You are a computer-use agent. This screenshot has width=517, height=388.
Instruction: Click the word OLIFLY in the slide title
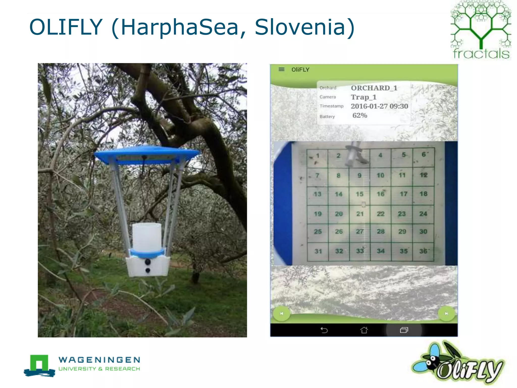pyautogui.click(x=66, y=27)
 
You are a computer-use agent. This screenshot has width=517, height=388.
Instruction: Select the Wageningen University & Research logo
pyautogui.click(x=82, y=365)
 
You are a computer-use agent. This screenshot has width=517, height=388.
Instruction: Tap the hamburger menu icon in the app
pyautogui.click(x=281, y=69)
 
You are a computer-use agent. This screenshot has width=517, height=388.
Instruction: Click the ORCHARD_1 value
pyautogui.click(x=374, y=88)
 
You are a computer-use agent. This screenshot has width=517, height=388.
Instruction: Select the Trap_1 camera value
pyautogui.click(x=363, y=97)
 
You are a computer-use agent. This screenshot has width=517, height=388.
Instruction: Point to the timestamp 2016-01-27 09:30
pyautogui.click(x=379, y=106)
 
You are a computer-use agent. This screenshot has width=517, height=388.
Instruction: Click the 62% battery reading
pyautogui.click(x=360, y=115)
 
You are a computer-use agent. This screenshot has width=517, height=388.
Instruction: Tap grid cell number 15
pyautogui.click(x=359, y=194)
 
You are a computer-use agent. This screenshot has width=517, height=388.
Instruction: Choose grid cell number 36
pyautogui.click(x=423, y=251)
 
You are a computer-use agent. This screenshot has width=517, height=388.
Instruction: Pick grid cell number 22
pyautogui.click(x=380, y=214)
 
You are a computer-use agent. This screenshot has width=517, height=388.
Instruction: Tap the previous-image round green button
pyautogui.click(x=281, y=313)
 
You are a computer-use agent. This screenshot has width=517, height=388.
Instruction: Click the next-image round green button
pyautogui.click(x=446, y=313)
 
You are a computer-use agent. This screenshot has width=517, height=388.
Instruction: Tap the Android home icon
pyautogui.click(x=364, y=330)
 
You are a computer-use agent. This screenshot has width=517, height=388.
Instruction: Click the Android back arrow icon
pyautogui.click(x=324, y=330)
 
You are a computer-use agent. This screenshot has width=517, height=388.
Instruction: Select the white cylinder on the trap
pyautogui.click(x=147, y=237)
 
